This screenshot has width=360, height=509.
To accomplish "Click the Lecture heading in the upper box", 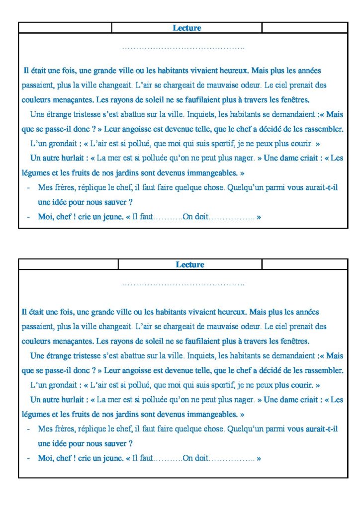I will (x=187, y=28).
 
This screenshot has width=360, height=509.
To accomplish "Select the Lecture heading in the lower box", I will (x=190, y=265).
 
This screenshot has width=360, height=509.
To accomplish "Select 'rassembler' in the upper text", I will (x=324, y=129).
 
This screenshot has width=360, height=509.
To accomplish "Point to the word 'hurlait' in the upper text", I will (x=69, y=159).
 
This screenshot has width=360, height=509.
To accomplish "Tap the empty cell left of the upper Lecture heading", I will (x=65, y=28).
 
